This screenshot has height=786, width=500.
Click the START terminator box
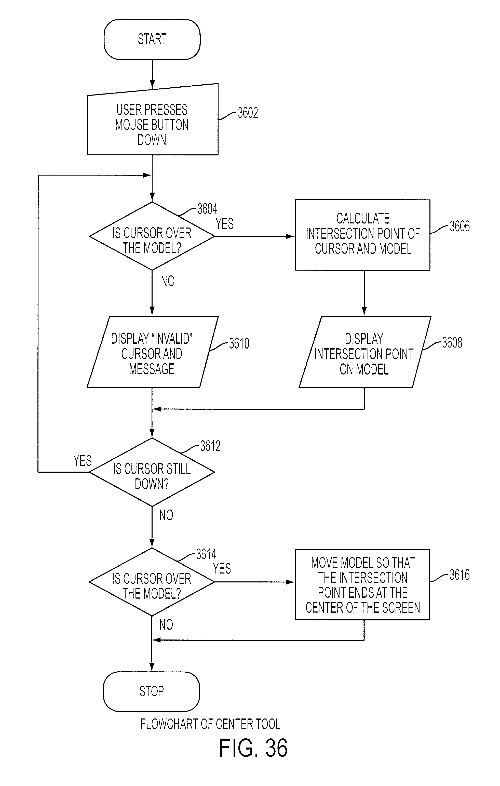[152, 39]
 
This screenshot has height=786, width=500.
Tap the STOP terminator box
[152, 691]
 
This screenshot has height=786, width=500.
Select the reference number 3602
[248, 113]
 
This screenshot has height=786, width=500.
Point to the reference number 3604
[207, 209]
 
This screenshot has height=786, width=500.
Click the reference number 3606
[460, 226]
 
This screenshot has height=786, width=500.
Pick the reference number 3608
[452, 343]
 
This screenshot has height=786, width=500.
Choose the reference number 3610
[239, 343]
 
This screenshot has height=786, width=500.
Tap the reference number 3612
[210, 446]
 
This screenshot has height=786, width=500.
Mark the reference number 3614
[206, 554]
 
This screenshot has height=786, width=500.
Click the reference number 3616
[460, 575]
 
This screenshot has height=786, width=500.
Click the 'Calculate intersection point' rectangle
[363, 235]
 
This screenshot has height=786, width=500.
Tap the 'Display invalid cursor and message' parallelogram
[152, 352]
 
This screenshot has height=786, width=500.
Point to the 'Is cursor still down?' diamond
[152, 472]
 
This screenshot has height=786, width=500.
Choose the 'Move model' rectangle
[362, 585]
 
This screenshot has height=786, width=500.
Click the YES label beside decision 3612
[83, 461]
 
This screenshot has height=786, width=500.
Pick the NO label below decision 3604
[168, 281]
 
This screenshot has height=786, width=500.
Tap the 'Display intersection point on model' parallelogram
[365, 352]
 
